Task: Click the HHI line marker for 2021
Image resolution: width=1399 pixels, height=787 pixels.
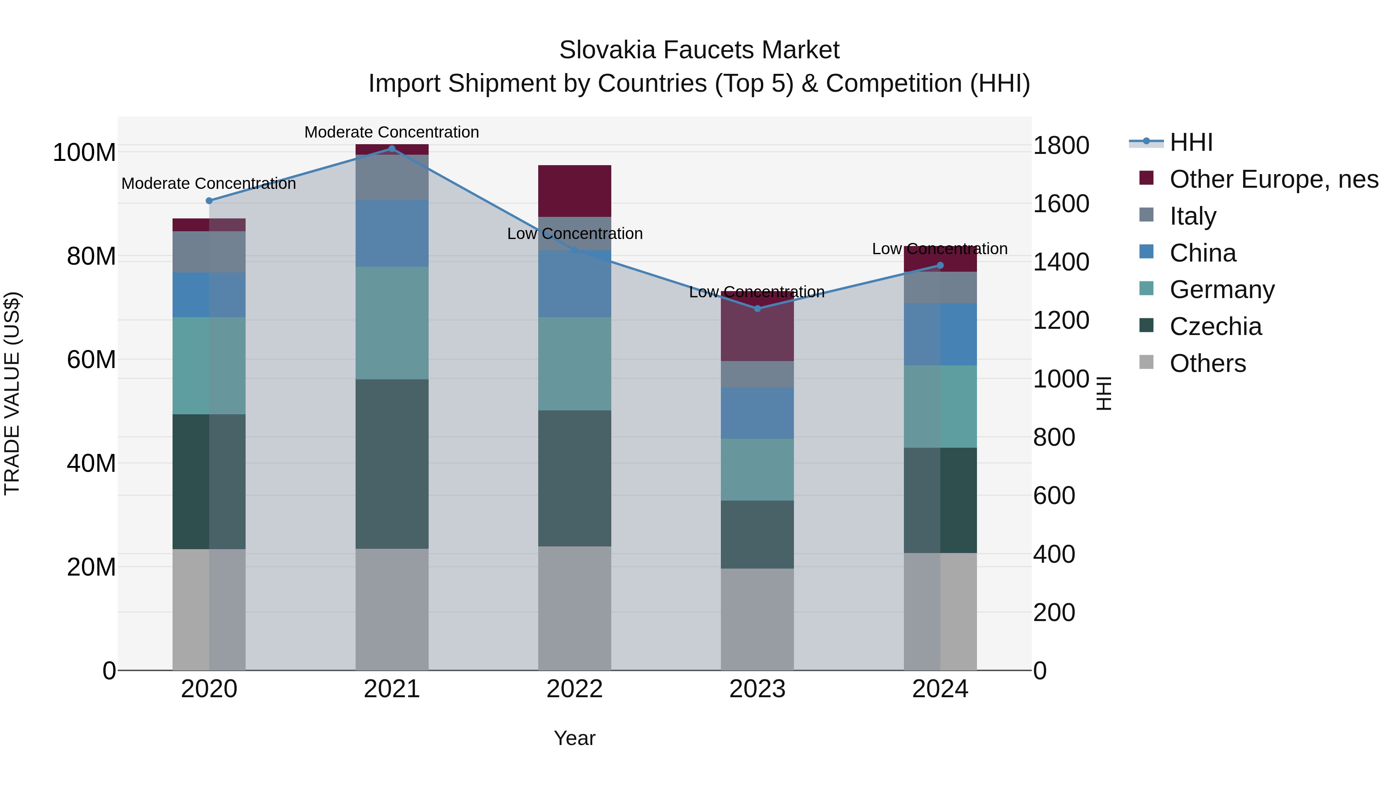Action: (x=392, y=149)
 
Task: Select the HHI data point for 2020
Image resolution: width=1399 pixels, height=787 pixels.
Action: (x=209, y=201)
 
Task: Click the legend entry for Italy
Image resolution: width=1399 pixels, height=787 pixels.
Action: (x=1193, y=216)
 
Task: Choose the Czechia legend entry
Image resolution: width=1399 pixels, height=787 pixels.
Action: (x=1216, y=326)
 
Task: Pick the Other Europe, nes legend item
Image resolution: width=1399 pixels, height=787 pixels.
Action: (x=1273, y=179)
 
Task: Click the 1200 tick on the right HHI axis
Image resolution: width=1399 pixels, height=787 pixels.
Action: (x=1061, y=321)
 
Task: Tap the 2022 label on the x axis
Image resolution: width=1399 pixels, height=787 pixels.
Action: (x=575, y=689)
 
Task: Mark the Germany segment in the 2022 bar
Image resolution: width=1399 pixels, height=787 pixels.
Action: (x=575, y=363)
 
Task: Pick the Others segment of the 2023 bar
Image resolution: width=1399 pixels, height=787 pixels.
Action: (x=757, y=619)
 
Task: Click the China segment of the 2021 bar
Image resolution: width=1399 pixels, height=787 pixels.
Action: (x=392, y=233)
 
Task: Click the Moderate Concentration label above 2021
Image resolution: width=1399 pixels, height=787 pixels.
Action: (x=392, y=132)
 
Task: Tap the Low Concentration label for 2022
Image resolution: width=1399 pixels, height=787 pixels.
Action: (x=575, y=234)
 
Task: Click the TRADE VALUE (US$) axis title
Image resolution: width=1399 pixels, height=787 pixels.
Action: (x=12, y=393)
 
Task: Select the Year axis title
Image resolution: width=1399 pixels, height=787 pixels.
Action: (x=575, y=738)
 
